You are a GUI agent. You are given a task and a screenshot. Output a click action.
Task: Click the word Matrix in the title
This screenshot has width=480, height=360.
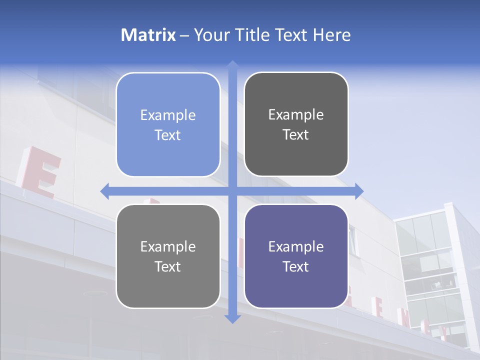point(148,35)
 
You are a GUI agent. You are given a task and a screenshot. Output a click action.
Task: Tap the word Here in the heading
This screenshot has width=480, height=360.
point(331,35)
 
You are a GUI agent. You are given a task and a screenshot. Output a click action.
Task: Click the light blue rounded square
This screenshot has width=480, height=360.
point(168,124)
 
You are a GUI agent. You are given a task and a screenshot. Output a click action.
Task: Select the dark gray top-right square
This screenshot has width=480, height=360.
point(296,124)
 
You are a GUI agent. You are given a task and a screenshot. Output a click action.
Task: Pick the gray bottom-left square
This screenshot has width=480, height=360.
point(168,256)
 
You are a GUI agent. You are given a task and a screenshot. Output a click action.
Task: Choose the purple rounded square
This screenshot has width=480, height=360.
point(296,256)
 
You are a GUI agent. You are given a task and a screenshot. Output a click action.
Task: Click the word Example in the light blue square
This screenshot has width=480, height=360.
point(168,115)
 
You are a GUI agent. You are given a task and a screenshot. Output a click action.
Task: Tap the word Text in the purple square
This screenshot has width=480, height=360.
point(296,266)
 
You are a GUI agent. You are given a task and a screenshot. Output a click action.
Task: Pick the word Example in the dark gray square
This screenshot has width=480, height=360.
point(296,115)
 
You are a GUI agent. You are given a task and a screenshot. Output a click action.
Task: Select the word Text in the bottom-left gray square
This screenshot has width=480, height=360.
point(168,266)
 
